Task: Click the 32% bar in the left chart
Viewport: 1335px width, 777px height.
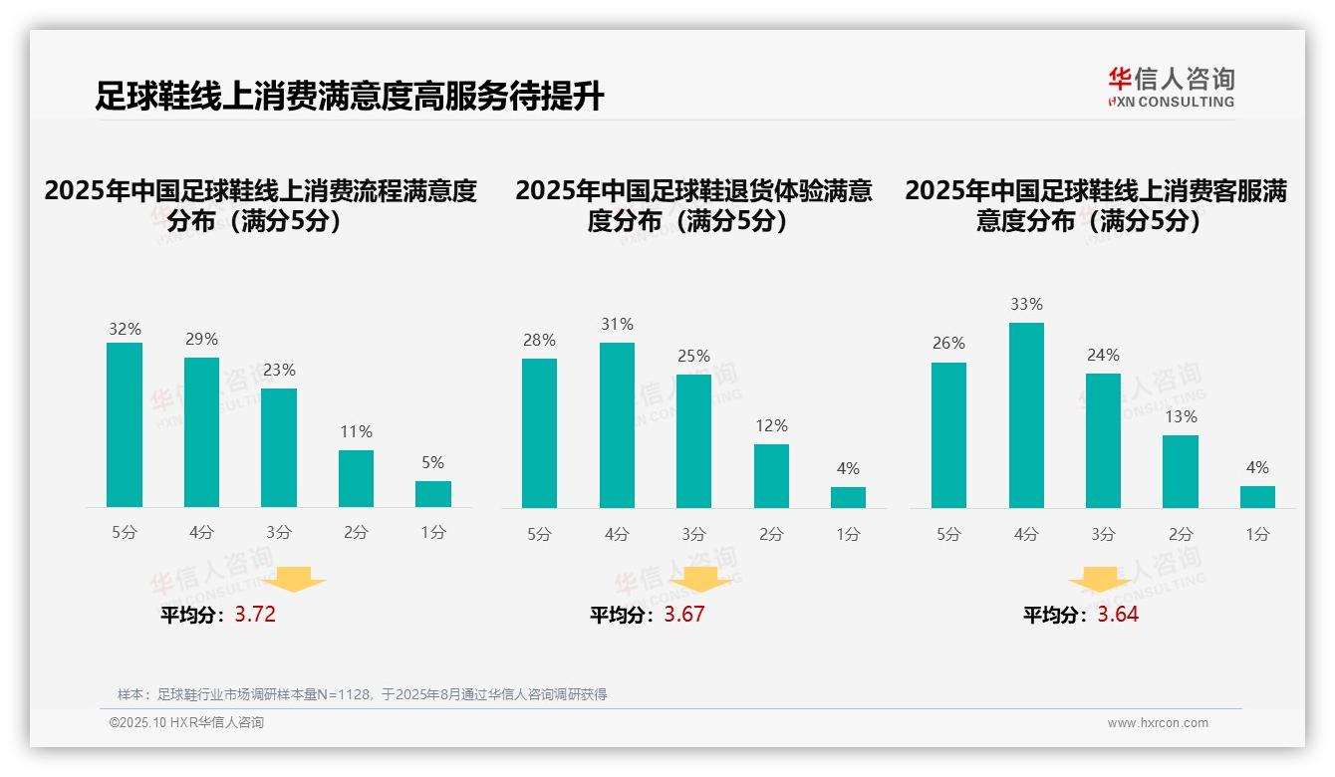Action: click(x=125, y=425)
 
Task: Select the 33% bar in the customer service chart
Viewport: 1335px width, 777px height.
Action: click(x=1026, y=415)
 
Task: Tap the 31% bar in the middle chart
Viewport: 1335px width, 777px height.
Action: click(x=617, y=425)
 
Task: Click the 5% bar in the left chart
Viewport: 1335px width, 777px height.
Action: click(x=433, y=494)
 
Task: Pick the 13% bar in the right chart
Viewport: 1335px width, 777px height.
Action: click(x=1181, y=471)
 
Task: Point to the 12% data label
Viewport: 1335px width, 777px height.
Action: click(x=771, y=425)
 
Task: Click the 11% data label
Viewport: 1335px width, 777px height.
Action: click(x=356, y=431)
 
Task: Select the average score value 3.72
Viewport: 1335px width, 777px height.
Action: click(x=255, y=615)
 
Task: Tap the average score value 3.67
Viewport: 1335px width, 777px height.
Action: click(x=684, y=615)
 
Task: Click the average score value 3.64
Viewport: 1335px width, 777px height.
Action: click(x=1118, y=615)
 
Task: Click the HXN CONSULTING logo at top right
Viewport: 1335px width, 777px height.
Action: click(x=1171, y=88)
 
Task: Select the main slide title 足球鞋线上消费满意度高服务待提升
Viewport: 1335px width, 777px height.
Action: click(x=350, y=97)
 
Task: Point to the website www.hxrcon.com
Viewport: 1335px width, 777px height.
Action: click(x=1158, y=723)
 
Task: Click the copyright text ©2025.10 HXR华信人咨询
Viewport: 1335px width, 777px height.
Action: click(x=186, y=723)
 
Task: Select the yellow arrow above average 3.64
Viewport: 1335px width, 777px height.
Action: click(x=1100, y=580)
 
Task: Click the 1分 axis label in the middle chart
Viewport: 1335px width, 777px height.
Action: click(x=848, y=535)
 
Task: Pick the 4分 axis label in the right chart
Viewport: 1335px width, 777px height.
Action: click(x=1026, y=535)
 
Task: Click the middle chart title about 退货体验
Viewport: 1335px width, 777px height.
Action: click(x=693, y=205)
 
